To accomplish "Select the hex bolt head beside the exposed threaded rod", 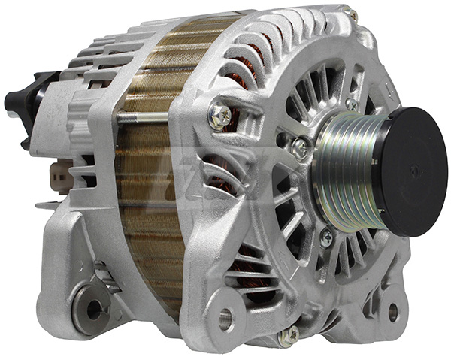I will tap(219, 114).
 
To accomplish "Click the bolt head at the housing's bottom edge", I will tap(289, 335).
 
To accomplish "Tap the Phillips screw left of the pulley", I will tap(301, 147).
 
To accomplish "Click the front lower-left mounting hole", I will tap(225, 318).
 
